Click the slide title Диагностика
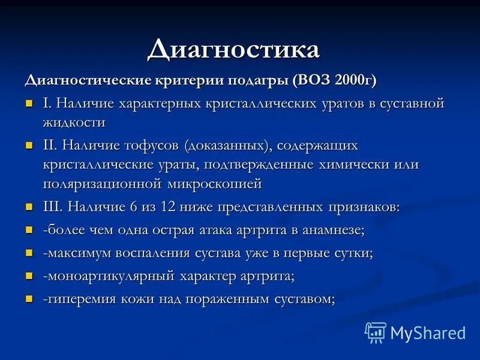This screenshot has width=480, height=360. point(233,49)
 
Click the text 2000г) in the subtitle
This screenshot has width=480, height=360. point(358,80)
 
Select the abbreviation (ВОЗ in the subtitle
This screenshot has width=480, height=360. point(313,80)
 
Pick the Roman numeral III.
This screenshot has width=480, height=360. point(51,207)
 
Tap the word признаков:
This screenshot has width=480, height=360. point(362,207)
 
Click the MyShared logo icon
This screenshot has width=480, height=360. point(376,332)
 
